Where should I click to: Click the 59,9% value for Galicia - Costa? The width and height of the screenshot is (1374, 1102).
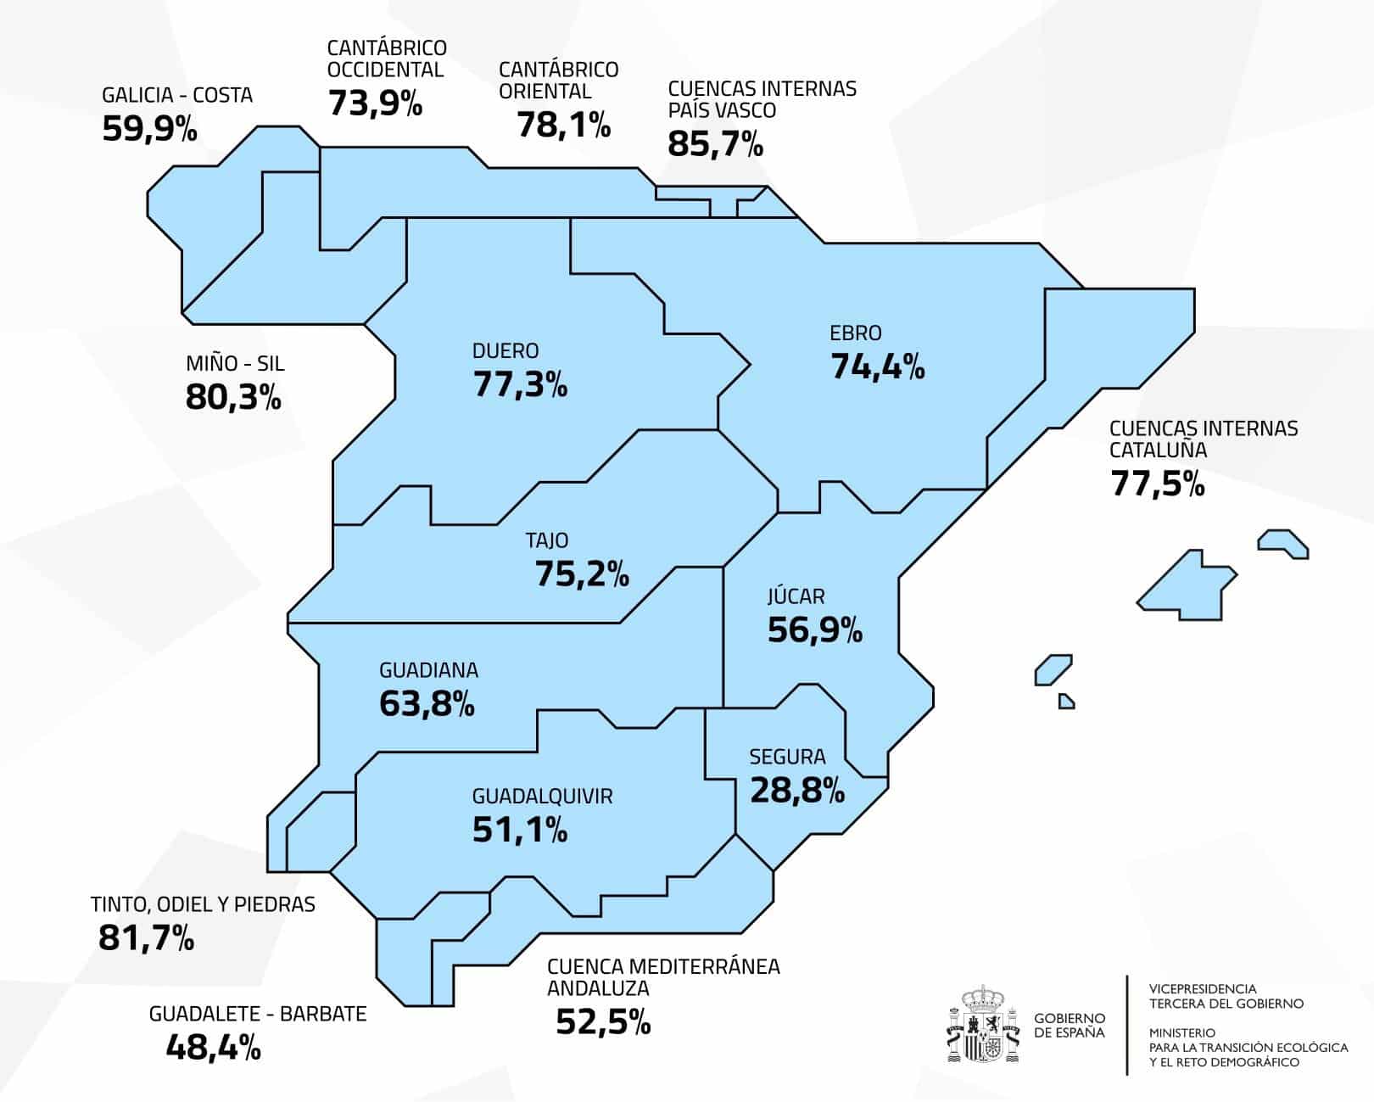pos(149,129)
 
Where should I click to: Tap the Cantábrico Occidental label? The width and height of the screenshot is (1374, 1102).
pos(387,59)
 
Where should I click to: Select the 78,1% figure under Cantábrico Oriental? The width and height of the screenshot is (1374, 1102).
pos(563,126)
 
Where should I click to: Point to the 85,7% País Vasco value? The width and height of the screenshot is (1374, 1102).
pos(715,144)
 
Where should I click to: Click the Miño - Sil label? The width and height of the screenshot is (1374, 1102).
pos(235,364)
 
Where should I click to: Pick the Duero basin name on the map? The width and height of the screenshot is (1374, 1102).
pos(505,351)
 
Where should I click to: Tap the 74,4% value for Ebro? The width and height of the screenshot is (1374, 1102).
pos(877,367)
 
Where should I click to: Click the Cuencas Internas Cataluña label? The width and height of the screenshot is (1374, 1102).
pos(1203,439)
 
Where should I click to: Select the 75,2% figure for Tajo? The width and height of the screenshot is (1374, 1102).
pos(582,575)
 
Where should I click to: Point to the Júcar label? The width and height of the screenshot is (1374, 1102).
pos(796,596)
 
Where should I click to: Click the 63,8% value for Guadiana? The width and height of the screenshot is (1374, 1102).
pos(427,704)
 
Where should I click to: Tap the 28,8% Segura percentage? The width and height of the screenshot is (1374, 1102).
pos(797,791)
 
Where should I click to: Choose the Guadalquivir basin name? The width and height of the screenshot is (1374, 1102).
pos(542,797)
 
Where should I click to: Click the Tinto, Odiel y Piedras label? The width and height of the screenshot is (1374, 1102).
pos(203,904)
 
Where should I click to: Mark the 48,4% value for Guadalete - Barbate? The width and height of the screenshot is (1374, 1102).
pos(213,1049)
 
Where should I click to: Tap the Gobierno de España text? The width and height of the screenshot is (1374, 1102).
pos(1070,1025)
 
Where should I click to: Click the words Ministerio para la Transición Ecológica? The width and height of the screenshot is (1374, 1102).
pos(1248,1048)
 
